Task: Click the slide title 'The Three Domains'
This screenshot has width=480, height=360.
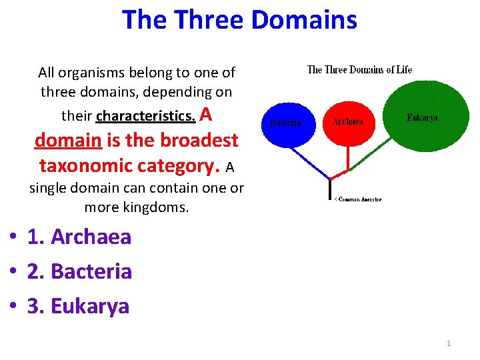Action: tap(239, 20)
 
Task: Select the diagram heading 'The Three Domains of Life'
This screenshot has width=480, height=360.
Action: tap(359, 69)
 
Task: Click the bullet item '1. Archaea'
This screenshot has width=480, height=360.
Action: tap(79, 237)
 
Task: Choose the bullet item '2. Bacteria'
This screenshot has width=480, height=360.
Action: tap(79, 271)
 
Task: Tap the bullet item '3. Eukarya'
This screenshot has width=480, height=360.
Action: tap(78, 306)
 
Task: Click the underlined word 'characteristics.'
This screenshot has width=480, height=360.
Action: tap(146, 116)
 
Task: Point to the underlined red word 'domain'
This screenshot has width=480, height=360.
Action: tap(64, 141)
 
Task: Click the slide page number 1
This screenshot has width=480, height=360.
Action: tap(449, 343)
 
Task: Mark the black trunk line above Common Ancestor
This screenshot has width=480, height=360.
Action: tap(330, 189)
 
